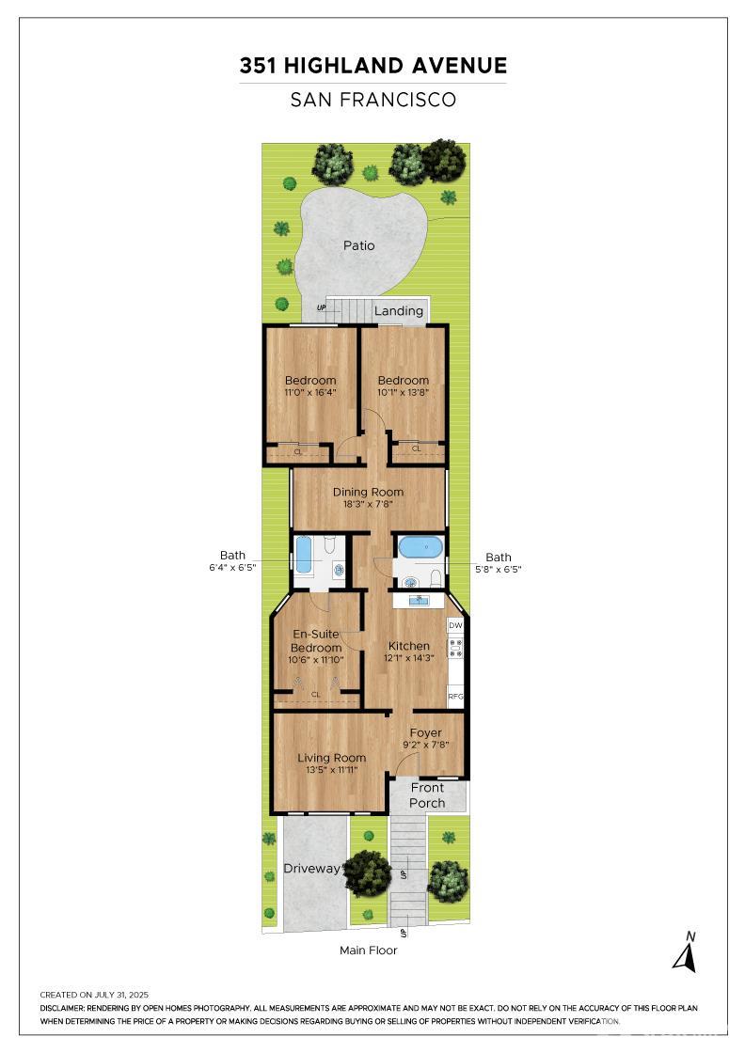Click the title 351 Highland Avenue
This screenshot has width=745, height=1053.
(x=372, y=65)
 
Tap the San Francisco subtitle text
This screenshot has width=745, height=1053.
(x=372, y=100)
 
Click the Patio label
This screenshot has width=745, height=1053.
(x=358, y=245)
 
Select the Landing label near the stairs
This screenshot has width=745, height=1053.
(x=399, y=311)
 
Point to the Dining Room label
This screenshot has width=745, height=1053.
(x=368, y=493)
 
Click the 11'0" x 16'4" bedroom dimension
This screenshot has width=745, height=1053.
(x=310, y=392)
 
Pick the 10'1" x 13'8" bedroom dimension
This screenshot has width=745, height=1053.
(x=403, y=392)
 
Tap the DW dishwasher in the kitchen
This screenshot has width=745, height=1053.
(x=455, y=625)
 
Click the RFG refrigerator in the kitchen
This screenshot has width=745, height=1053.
(x=455, y=697)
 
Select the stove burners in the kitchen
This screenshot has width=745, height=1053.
(x=456, y=648)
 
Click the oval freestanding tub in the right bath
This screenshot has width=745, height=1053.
(x=420, y=547)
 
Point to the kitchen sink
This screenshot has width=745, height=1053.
(x=420, y=599)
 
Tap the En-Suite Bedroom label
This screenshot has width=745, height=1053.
(x=316, y=640)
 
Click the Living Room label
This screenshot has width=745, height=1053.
(x=332, y=758)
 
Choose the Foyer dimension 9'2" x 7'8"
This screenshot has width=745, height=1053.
(x=426, y=745)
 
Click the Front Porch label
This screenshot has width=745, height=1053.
(x=427, y=795)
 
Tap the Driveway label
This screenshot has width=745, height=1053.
(x=311, y=869)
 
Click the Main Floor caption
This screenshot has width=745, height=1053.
(x=368, y=951)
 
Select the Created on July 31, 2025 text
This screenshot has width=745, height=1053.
(x=94, y=995)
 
